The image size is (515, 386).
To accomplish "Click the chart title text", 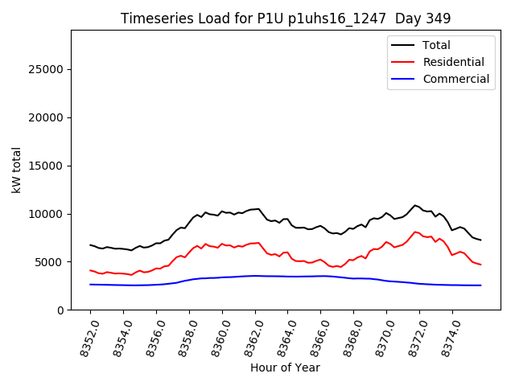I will [286, 18].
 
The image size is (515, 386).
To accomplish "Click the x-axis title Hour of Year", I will [285, 368].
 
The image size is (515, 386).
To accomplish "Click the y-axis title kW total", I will [17, 170].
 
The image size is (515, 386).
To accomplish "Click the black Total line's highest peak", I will [415, 205].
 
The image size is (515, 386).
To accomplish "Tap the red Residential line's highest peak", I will [415, 232].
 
